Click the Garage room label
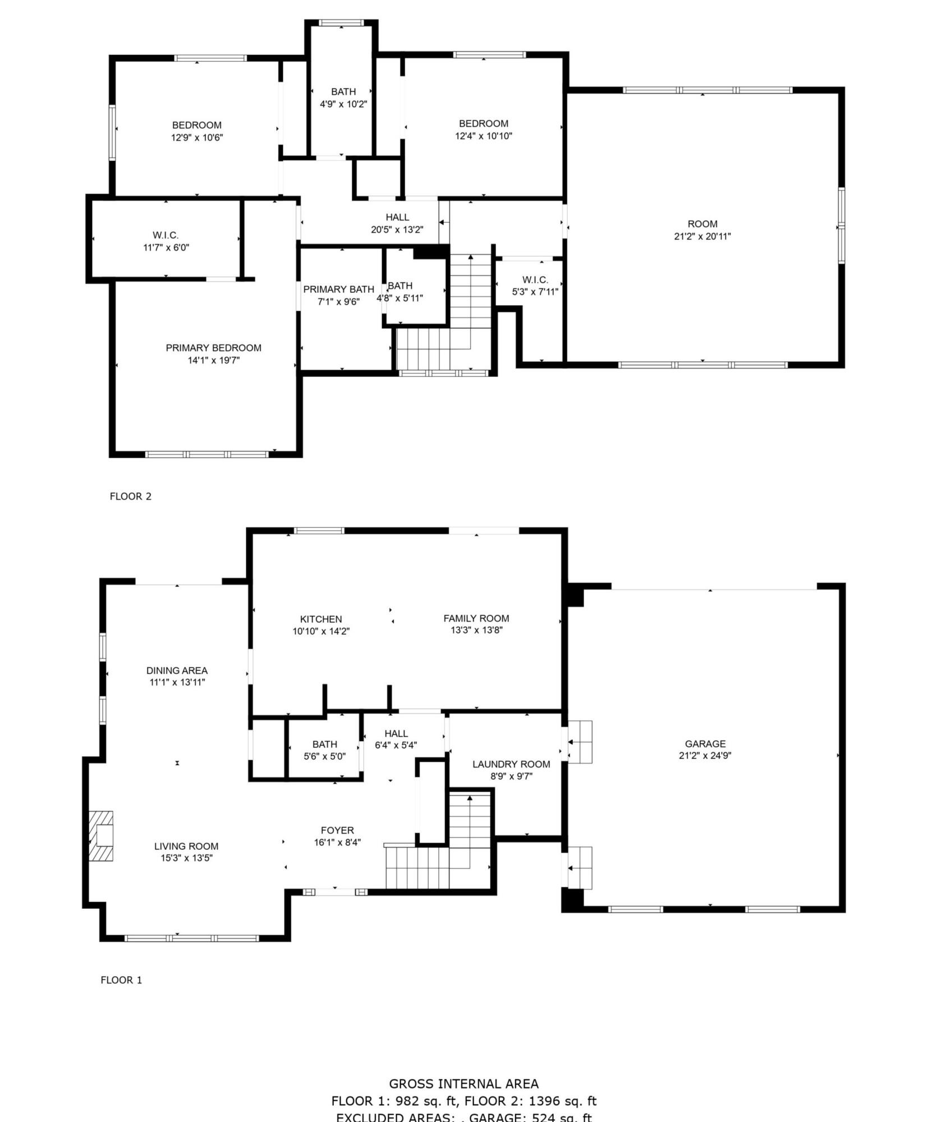[x=705, y=744]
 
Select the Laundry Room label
[x=511, y=764]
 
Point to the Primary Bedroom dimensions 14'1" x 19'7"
[x=213, y=360]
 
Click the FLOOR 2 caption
[x=130, y=496]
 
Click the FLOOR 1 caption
[x=121, y=980]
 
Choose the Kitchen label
[x=320, y=619]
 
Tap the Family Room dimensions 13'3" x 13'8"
[x=476, y=630]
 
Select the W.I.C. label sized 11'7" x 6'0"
[x=166, y=235]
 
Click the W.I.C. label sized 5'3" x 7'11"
[x=535, y=279]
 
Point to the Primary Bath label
[x=338, y=289]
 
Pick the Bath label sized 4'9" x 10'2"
[x=343, y=91]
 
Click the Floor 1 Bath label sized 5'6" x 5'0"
[x=324, y=744]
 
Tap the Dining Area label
[x=177, y=670]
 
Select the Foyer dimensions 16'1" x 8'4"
[x=337, y=842]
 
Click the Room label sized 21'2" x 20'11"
[x=702, y=224]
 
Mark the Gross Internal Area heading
[x=463, y=1084]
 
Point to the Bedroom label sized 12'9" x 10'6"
[x=196, y=125]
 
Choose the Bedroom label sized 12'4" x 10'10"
[x=483, y=123]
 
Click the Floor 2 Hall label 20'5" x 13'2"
[x=397, y=217]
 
